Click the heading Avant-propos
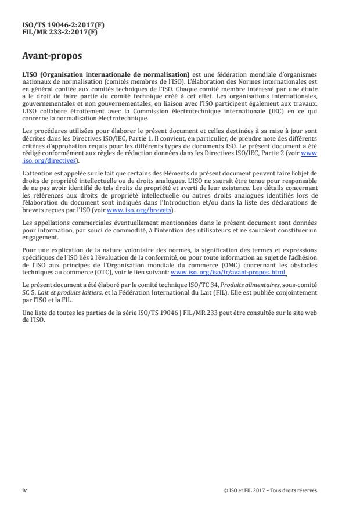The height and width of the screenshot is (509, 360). coord(49,56)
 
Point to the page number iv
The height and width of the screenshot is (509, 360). coord(24,490)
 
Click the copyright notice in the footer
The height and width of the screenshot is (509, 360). coord(270,490)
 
